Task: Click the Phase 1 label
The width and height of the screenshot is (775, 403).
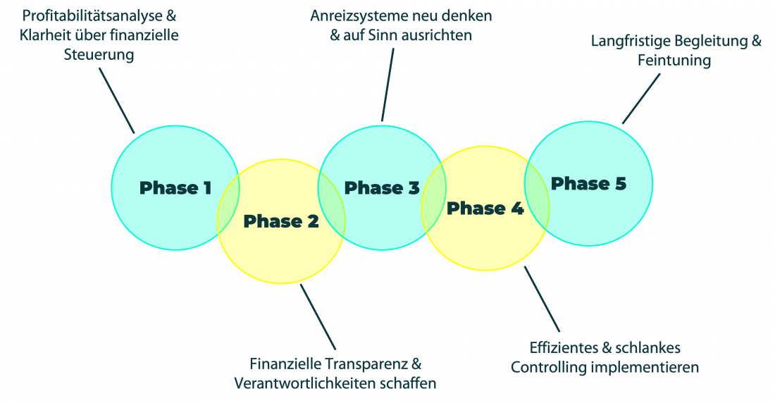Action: pyautogui.click(x=175, y=188)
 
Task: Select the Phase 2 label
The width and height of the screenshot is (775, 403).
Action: pyautogui.click(x=280, y=221)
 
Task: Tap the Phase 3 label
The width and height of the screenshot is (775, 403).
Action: pyautogui.click(x=382, y=188)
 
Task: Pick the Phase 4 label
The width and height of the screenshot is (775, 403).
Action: pyautogui.click(x=485, y=209)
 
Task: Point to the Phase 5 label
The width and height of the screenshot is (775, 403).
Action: pyautogui.click(x=588, y=184)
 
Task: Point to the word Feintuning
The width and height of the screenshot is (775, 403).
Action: pyautogui.click(x=674, y=61)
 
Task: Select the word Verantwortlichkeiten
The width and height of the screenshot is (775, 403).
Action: pyautogui.click(x=305, y=384)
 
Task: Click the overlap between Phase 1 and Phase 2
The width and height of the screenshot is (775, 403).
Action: pyautogui.click(x=228, y=205)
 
